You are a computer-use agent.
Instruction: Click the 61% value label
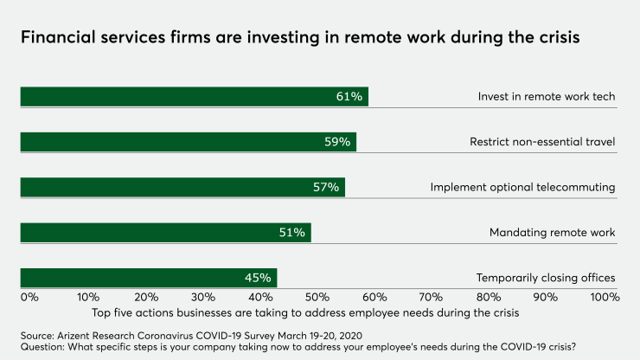pyautogui.click(x=349, y=96)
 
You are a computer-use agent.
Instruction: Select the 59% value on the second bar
pyautogui.click(x=337, y=142)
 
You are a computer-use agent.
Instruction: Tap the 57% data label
pyautogui.click(x=326, y=187)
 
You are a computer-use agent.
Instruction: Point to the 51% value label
pyautogui.click(x=291, y=233)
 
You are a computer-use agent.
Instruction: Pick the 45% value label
pyautogui.click(x=258, y=278)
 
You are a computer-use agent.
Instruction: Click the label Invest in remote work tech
pyautogui.click(x=547, y=96)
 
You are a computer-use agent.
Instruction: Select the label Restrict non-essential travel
pyautogui.click(x=542, y=142)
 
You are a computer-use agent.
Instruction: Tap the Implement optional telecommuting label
pyautogui.click(x=522, y=187)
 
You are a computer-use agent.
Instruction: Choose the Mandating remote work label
pyautogui.click(x=552, y=233)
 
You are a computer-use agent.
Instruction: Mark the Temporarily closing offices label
pyautogui.click(x=546, y=278)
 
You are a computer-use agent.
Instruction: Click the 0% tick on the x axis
pyautogui.click(x=29, y=297)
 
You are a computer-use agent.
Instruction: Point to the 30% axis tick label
pyautogui.click(x=202, y=297)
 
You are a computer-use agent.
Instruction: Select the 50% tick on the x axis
pyautogui.click(x=317, y=297)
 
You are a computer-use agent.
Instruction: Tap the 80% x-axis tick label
pyautogui.click(x=490, y=297)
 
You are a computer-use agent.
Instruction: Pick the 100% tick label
pyautogui.click(x=604, y=297)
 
